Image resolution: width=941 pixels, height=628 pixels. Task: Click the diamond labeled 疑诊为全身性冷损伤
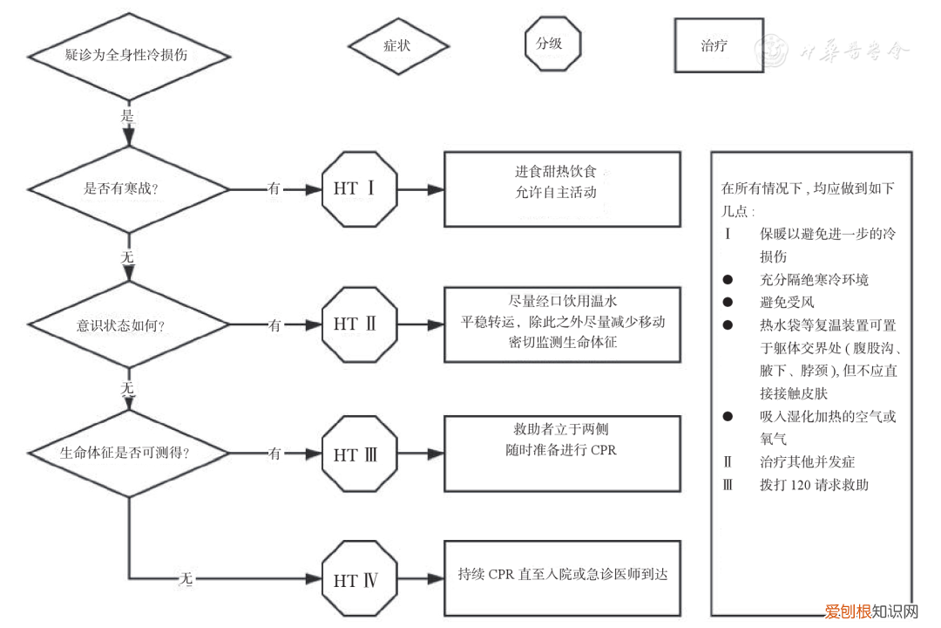(129, 55)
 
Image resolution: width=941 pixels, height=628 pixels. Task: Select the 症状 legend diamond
(398, 45)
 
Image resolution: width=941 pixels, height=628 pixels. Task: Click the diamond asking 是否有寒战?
(129, 188)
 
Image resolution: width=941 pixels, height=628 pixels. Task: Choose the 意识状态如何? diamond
(129, 325)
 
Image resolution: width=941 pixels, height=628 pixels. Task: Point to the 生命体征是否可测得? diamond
(129, 454)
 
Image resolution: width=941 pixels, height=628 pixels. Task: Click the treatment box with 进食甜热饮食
(562, 188)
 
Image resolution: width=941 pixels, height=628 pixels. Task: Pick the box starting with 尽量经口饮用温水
(562, 324)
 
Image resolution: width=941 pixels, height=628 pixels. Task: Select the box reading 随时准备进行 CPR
(562, 453)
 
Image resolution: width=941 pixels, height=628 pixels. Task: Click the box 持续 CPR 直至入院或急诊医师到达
(562, 577)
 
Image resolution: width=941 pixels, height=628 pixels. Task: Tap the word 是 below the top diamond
(128, 114)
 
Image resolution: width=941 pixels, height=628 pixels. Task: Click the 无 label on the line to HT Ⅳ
(186, 578)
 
